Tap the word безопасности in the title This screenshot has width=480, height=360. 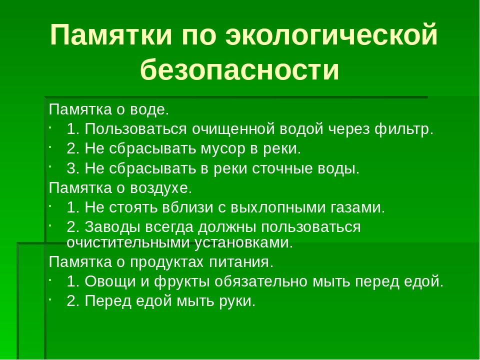[x=240, y=69]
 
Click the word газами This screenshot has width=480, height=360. [x=358, y=207]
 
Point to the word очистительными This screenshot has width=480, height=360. [x=126, y=243]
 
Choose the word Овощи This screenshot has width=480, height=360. [x=109, y=281]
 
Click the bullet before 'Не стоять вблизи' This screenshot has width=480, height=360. [x=51, y=204]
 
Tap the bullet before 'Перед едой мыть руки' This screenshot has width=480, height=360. [x=51, y=298]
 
